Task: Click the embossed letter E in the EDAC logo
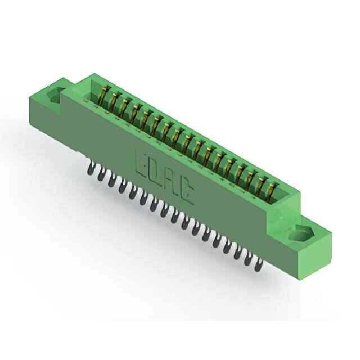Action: [x=141, y=163]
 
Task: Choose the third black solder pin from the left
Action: [x=111, y=181]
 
